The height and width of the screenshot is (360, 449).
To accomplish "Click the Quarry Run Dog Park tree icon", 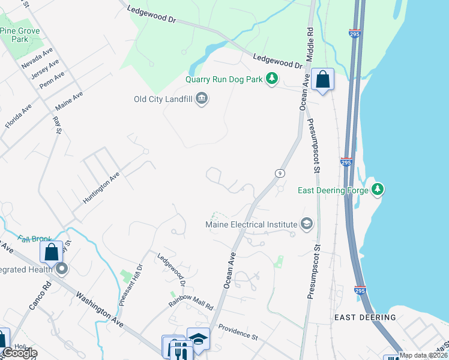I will (273, 78).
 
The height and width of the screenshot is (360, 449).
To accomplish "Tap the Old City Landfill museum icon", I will (202, 99).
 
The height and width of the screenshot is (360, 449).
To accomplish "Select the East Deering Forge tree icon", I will (377, 190).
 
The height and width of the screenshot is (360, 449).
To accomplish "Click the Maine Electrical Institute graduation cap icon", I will (307, 224).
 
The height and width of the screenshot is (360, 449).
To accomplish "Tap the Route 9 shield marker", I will (280, 173).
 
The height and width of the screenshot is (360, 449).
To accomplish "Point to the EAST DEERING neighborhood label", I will (366, 317).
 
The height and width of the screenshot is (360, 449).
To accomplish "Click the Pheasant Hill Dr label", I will (131, 285).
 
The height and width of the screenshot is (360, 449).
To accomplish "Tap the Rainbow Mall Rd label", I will (191, 302).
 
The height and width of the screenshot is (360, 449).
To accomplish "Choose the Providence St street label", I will (237, 332).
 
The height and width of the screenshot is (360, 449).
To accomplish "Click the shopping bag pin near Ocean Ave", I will (322, 80).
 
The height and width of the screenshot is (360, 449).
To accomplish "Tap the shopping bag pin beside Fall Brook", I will (52, 252).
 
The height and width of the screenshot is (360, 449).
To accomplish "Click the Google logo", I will (19, 353).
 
